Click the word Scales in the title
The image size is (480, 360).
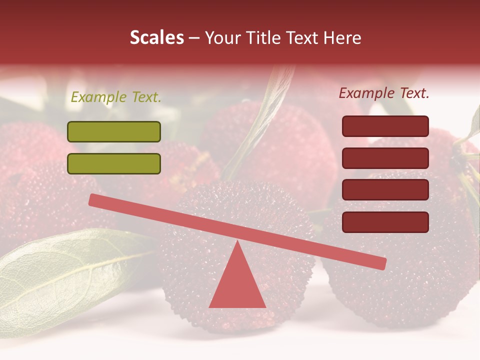pos(156,37)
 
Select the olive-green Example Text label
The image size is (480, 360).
pos(116,97)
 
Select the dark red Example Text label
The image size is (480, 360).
pos(384,93)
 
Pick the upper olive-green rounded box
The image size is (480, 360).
pos(114,131)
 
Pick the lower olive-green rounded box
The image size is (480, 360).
pos(114,163)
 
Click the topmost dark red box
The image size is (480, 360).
pos(385,126)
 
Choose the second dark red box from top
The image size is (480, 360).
pos(385,158)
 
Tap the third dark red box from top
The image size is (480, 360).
pos(385,190)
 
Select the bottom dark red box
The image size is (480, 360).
pos(385,222)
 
